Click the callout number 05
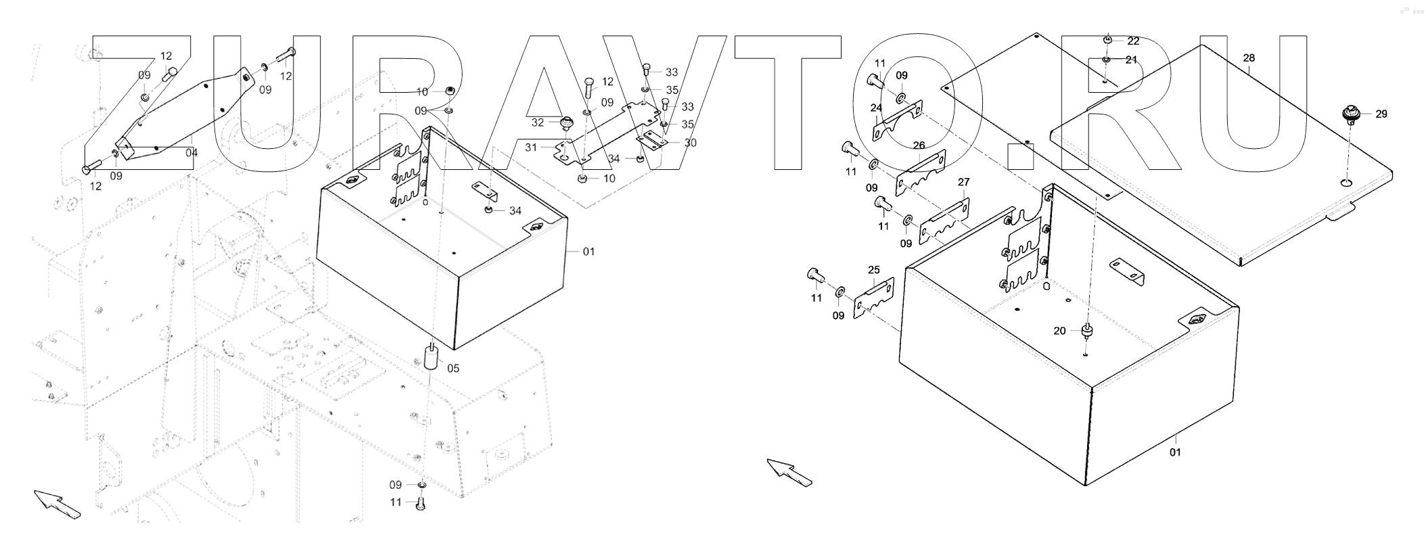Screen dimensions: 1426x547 coord(453,368)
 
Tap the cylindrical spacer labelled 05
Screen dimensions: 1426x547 coord(430,357)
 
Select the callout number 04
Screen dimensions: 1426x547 coord(191,152)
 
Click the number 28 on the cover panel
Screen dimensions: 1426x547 coord(1249,58)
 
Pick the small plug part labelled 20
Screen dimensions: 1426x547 coord(1087,330)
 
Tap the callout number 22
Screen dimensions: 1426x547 coord(1133,41)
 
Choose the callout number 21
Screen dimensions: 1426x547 coord(1131,60)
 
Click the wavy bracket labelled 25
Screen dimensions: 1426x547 coord(873,298)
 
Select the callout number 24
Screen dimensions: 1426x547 coord(876,108)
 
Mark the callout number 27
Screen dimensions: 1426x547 coord(963,182)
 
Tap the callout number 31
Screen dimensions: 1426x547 coord(530,148)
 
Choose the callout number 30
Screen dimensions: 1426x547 coord(690,143)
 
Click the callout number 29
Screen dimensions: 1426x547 coord(1381,114)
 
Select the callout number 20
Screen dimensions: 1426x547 coord(1059,330)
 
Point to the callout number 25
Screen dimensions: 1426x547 coord(873,269)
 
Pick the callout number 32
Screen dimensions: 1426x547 coord(537,123)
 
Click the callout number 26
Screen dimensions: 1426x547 coord(919,146)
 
